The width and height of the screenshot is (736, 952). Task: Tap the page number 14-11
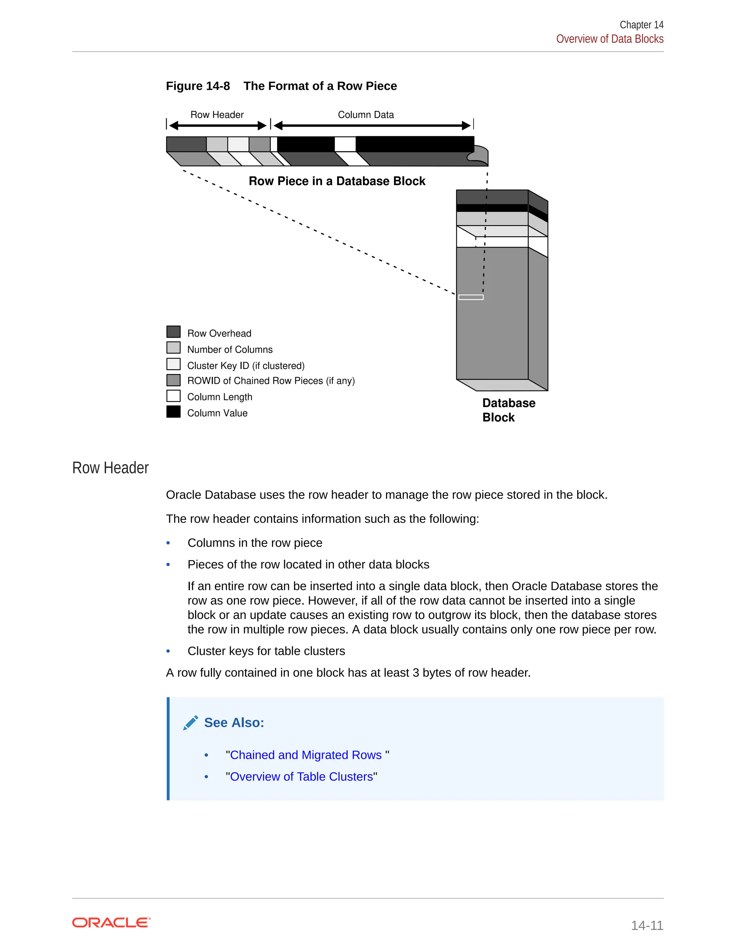tap(647, 925)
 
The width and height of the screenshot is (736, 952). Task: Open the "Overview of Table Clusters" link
tap(301, 777)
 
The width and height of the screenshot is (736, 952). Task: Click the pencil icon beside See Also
tap(190, 723)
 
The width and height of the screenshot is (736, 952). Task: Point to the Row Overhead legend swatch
tap(174, 332)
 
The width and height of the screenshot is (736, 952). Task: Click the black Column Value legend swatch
tap(174, 412)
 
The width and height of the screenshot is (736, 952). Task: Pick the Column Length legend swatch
tap(174, 396)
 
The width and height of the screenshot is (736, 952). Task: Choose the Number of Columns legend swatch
tap(174, 348)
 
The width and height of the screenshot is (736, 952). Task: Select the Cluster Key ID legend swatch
tap(174, 364)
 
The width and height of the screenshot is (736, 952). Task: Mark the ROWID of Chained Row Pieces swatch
tap(174, 380)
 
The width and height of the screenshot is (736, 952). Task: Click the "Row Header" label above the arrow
tap(217, 115)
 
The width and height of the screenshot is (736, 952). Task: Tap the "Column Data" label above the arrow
tap(366, 115)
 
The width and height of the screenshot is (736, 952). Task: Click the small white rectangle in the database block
tap(471, 297)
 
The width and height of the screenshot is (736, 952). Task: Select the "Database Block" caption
tap(509, 410)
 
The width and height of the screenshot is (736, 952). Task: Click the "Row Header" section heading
tap(110, 468)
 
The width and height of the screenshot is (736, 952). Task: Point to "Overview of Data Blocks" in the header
tap(609, 39)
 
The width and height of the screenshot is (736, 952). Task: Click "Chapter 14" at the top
tap(641, 25)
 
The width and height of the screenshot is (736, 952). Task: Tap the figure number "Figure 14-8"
tap(198, 86)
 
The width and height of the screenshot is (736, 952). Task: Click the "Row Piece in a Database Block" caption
tap(337, 181)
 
